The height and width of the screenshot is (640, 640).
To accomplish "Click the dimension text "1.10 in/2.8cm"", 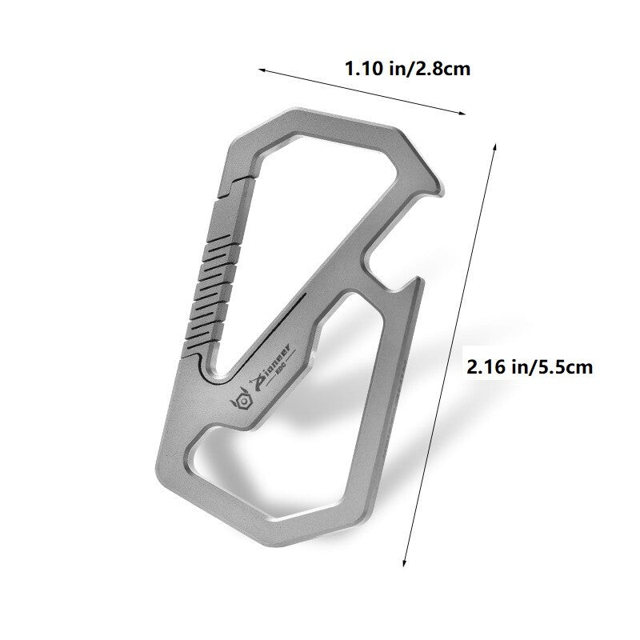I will (406, 69).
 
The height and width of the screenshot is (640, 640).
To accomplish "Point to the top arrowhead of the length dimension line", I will (495, 146).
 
